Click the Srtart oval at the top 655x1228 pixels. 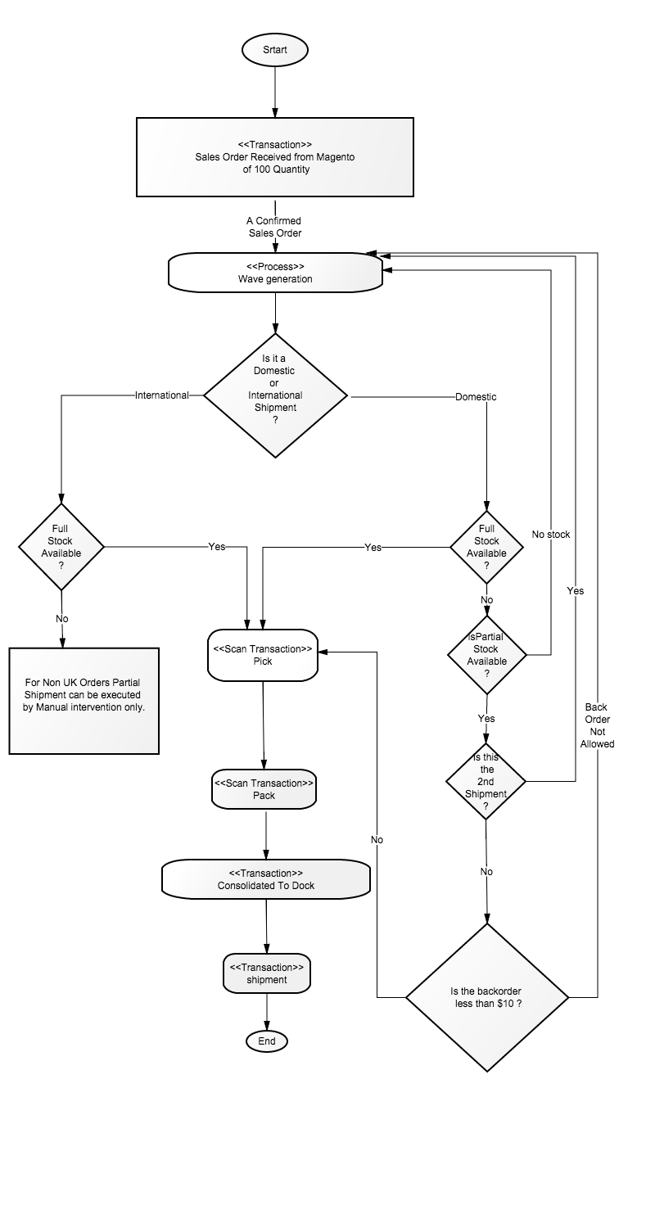click(274, 50)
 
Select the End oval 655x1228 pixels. click(266, 1041)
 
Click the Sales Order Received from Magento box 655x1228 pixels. click(274, 157)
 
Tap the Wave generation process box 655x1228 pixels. click(275, 273)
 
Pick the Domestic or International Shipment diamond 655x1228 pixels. click(275, 395)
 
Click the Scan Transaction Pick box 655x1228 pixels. click(263, 655)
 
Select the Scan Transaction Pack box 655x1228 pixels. click(264, 789)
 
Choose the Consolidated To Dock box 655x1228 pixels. click(266, 878)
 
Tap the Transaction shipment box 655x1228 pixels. click(266, 973)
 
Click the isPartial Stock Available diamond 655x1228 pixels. click(486, 655)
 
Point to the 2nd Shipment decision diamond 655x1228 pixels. click(486, 781)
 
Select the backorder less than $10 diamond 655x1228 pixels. click(486, 997)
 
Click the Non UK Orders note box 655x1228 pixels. click(84, 701)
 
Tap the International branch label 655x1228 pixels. click(161, 395)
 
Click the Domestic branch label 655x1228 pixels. click(476, 397)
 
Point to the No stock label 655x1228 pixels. click(551, 535)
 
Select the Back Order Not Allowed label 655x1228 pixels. click(598, 725)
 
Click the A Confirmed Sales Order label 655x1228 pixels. click(274, 227)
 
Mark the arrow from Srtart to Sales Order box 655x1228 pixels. click(275, 92)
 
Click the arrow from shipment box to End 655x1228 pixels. click(267, 1012)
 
